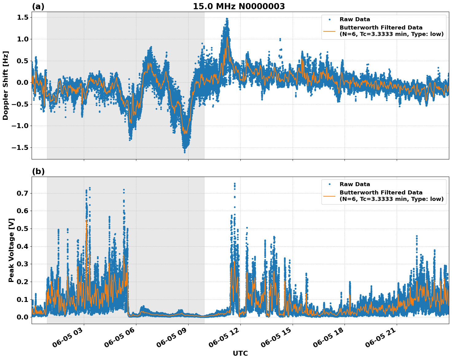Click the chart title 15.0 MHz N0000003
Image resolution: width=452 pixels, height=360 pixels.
[x=239, y=6]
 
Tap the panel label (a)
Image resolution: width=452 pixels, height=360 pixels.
[x=38, y=7]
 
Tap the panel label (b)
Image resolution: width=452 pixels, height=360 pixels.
[x=38, y=172]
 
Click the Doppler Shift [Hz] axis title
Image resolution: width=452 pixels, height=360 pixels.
[x=6, y=85]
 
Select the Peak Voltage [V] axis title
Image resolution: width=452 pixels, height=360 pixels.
[x=11, y=250]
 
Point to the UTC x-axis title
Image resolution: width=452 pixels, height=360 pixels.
[x=240, y=353]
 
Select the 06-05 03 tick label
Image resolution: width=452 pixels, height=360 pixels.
[x=68, y=340]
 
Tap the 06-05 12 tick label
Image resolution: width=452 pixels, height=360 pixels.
[x=225, y=340]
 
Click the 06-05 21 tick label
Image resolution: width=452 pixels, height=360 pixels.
[x=381, y=340]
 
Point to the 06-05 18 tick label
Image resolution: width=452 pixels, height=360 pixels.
[x=329, y=340]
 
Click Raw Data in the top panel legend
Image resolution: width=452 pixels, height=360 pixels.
[x=355, y=19]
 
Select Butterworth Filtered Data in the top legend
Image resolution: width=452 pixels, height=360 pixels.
[x=381, y=28]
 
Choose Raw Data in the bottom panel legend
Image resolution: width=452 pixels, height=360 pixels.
[x=355, y=184]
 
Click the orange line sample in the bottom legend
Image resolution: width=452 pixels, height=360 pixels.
[x=329, y=196]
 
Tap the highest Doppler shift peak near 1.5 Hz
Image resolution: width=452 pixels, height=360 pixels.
[x=227, y=19]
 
